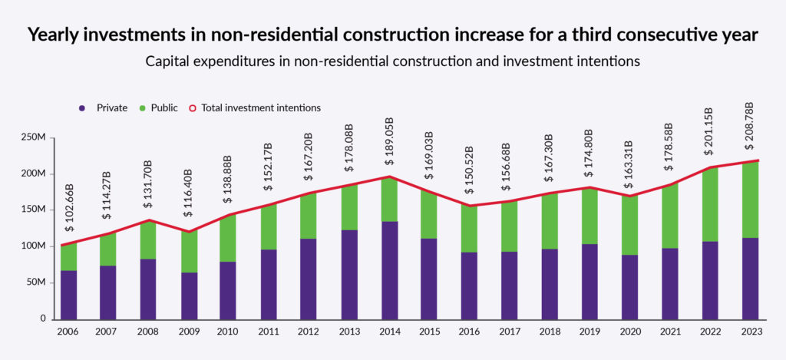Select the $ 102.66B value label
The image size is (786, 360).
tap(69, 210)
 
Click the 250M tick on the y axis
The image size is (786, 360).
tap(34, 137)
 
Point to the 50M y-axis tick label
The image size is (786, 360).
tap(37, 282)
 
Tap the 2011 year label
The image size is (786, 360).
tap(269, 332)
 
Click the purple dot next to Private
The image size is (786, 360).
tap(82, 108)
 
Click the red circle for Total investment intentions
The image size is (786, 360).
tap(193, 108)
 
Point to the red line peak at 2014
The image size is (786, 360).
tap(389, 177)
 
